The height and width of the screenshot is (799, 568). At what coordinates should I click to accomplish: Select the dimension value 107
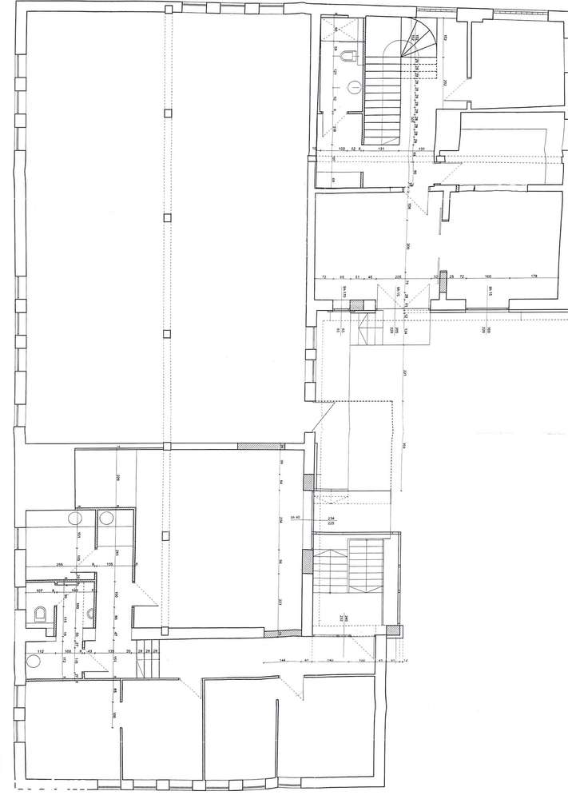[38, 591]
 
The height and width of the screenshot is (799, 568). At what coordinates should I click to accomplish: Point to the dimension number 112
[40, 651]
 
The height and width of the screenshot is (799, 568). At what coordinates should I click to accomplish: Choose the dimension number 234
[332, 518]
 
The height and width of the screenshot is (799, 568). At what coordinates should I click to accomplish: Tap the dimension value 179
[534, 276]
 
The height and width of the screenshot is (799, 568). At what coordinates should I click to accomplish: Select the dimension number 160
[487, 276]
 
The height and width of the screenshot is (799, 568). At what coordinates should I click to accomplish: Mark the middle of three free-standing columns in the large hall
[167, 217]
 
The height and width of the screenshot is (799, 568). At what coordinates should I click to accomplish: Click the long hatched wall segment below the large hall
[259, 445]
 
